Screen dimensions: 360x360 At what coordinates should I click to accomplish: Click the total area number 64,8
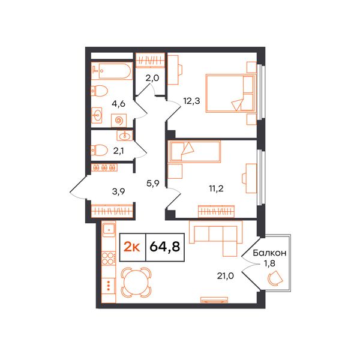[x=165, y=247]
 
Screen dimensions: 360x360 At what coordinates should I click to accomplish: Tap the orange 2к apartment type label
[x=132, y=247]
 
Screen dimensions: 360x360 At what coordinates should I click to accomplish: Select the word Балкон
[x=269, y=253]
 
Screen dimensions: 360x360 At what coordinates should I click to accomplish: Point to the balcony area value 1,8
[x=269, y=263]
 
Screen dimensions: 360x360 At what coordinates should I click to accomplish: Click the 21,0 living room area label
[x=226, y=276]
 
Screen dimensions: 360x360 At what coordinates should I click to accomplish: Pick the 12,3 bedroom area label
[x=192, y=101]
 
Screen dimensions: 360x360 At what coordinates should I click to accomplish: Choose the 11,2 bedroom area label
[x=216, y=189]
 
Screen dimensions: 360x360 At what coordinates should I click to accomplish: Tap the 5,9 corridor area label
[x=153, y=183]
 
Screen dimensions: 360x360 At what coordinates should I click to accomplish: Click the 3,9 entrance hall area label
[x=118, y=191]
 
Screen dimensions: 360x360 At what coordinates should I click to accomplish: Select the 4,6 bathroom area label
[x=118, y=104]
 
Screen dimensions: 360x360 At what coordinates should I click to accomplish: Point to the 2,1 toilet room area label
[x=119, y=151]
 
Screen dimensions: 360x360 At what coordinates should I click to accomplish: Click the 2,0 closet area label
[x=152, y=78]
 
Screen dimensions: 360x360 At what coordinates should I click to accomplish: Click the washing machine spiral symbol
[x=119, y=121]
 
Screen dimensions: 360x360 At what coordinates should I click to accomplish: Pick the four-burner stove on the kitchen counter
[x=109, y=259]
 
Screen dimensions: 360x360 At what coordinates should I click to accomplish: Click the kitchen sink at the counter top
[x=109, y=229]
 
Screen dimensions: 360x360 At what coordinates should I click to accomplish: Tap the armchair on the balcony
[x=275, y=278]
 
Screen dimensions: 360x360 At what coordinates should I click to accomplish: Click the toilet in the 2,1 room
[x=99, y=150]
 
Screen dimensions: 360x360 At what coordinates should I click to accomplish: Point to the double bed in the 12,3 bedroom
[x=231, y=93]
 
